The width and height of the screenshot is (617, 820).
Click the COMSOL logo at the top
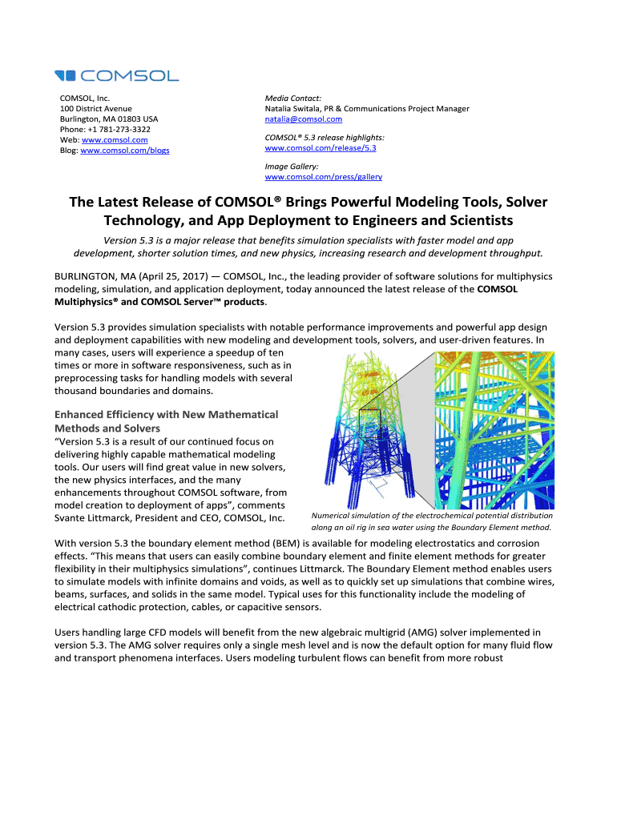tap(116, 75)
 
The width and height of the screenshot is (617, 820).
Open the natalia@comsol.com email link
tap(303, 119)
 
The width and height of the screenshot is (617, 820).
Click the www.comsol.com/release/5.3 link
tap(320, 148)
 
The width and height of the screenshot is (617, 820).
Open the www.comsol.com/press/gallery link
tap(323, 176)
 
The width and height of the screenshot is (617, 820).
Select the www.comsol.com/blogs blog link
tap(125, 150)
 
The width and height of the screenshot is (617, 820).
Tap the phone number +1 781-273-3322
tap(115, 129)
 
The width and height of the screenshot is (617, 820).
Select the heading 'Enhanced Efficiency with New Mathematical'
tap(166, 414)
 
